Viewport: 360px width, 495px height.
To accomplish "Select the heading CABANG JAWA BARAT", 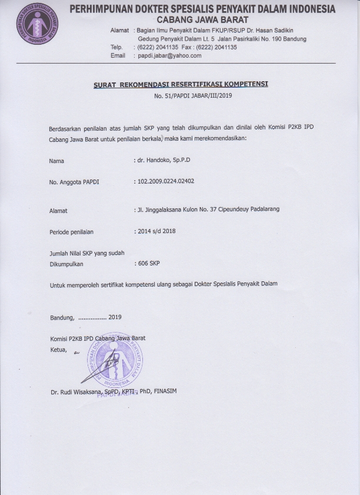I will pyautogui.click(x=202, y=19).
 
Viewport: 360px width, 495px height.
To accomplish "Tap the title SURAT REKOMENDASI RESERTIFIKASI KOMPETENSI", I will pyautogui.click(x=181, y=84).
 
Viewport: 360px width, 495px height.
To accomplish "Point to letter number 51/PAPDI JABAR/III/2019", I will pyautogui.click(x=194, y=95).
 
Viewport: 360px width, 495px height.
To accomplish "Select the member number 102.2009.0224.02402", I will pyautogui.click(x=166, y=181).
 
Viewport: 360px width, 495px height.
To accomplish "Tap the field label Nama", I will pyautogui.click(x=57, y=161).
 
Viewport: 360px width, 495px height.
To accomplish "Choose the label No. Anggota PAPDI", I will pyautogui.click(x=74, y=182).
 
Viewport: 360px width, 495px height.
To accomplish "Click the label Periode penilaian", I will pyautogui.click(x=71, y=232).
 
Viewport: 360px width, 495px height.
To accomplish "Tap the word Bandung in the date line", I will pyautogui.click(x=62, y=317).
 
